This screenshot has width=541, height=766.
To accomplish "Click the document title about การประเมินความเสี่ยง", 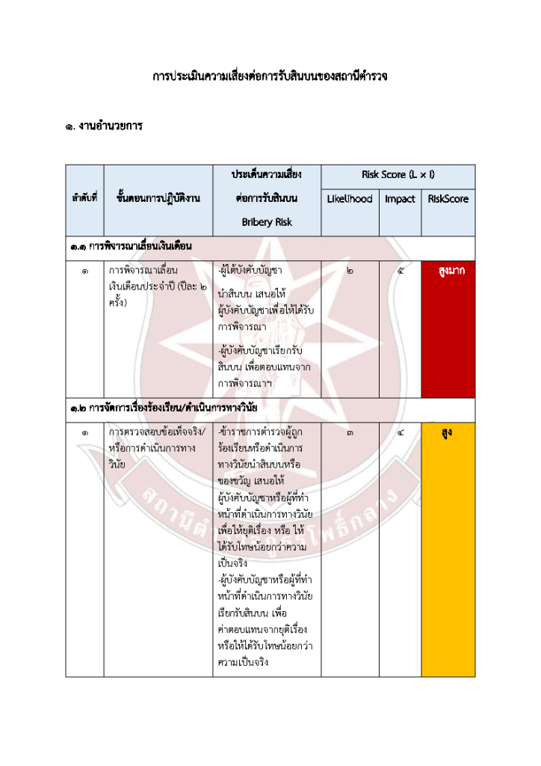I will pos(270,76).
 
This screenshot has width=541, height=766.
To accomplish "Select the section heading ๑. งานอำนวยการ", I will pos(103,126).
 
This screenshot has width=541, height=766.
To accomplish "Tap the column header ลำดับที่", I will pos(84,199).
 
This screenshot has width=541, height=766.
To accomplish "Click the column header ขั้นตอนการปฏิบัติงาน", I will pos(158,199).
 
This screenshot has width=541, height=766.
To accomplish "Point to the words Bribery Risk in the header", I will pos(267,221).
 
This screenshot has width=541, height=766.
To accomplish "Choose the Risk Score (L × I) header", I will pos(398,175).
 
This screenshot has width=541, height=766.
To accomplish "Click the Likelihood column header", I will pos(349,199).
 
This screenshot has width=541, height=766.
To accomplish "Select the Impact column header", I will pos(400,199).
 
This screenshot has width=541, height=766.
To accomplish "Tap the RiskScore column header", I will pos(448,199).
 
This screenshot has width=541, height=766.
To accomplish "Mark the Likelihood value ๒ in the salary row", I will pos(350,271).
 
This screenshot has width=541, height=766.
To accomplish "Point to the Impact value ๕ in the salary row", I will pos(400,271).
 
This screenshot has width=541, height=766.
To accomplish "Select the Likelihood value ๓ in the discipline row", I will pos(350,432).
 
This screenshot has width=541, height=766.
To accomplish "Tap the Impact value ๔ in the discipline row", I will pos(400,432).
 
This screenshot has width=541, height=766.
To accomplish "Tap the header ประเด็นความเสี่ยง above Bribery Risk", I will pos(267,175).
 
